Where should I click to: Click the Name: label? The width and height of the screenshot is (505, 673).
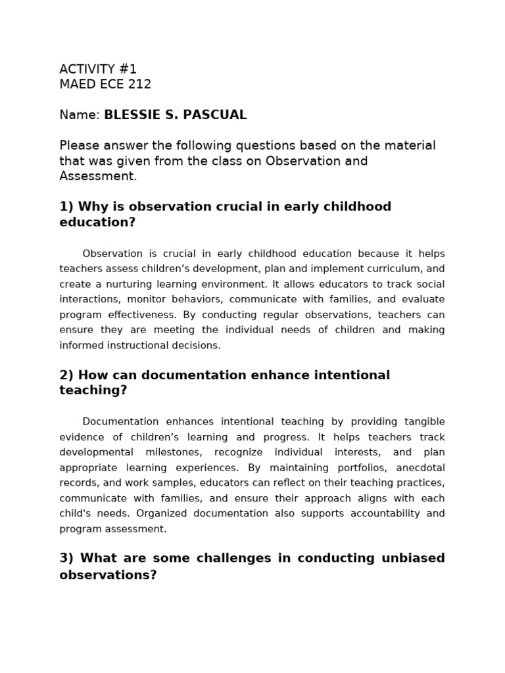point(80,115)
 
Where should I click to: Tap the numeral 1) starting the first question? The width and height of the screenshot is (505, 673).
point(66,207)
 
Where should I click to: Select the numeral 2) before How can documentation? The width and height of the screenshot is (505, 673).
point(66,375)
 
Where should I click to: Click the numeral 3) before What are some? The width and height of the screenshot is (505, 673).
point(66,558)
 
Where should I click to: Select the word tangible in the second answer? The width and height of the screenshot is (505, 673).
point(418,422)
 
